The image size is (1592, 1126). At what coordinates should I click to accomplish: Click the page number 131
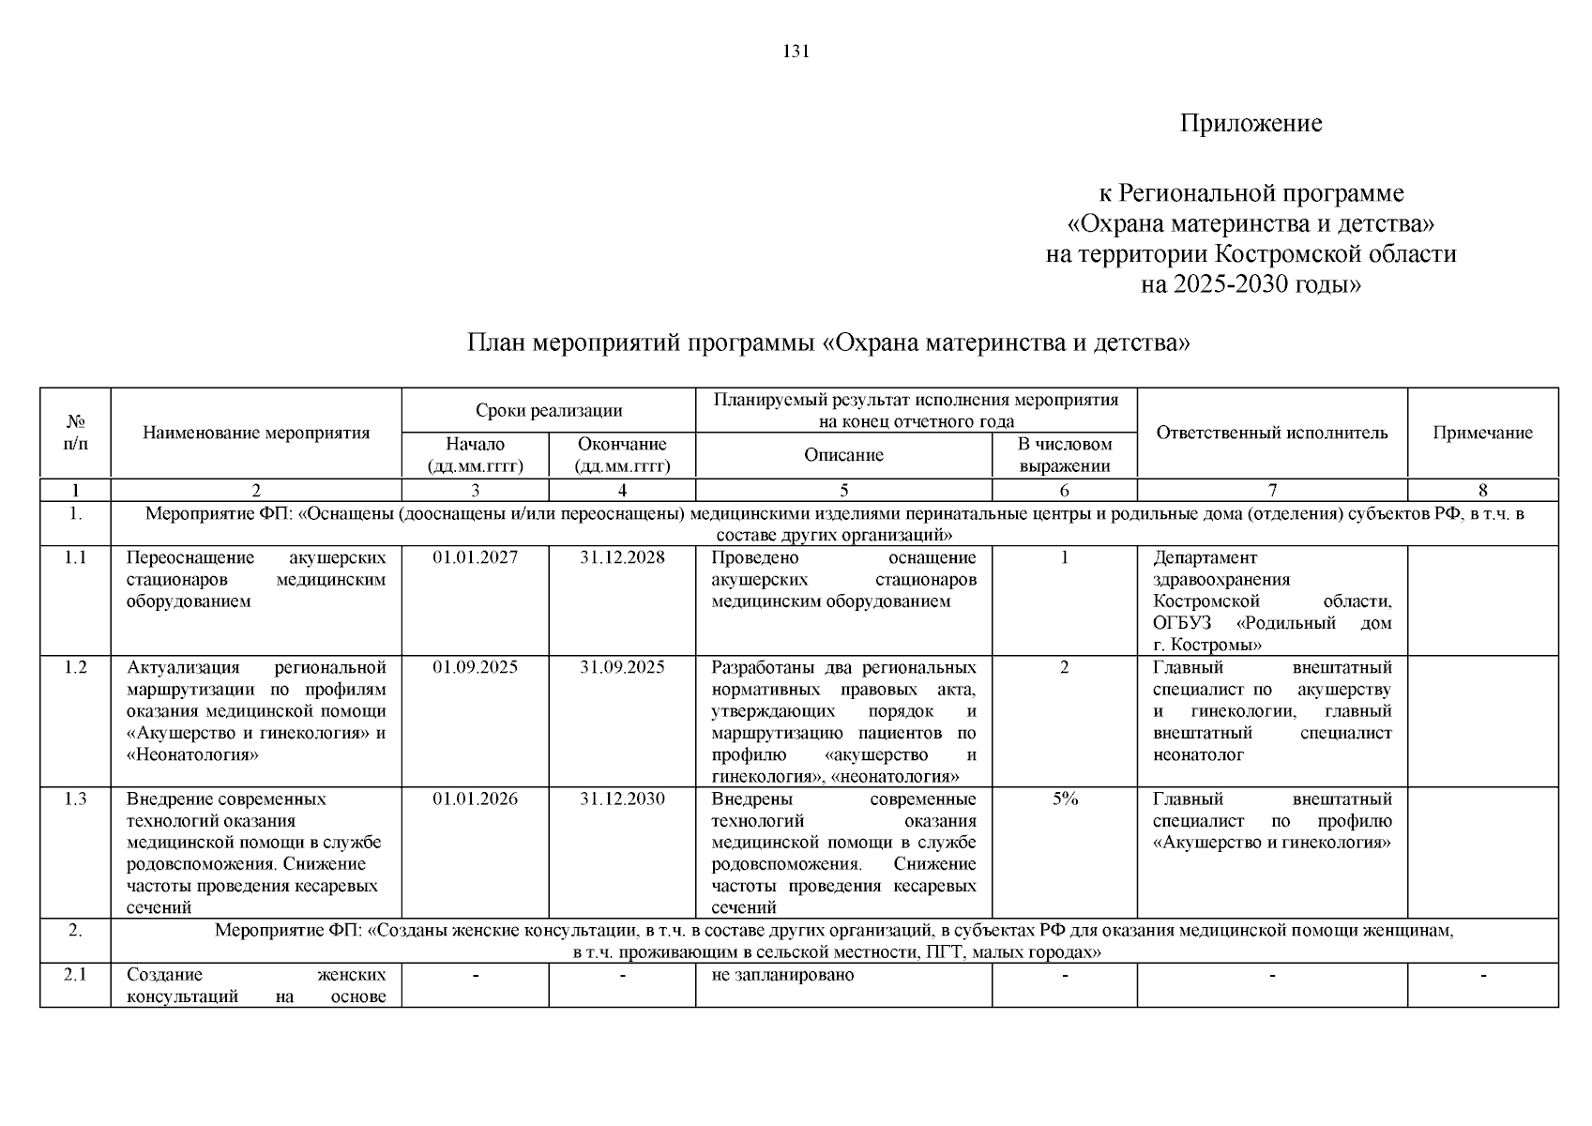[x=796, y=52]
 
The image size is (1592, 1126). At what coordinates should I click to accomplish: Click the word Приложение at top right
[x=1251, y=124]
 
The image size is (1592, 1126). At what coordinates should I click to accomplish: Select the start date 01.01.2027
[x=475, y=557]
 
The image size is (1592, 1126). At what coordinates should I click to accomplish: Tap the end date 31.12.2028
[x=622, y=557]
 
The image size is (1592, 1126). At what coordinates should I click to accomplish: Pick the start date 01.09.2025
[x=475, y=667]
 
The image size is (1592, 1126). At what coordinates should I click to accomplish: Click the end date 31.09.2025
[x=622, y=667]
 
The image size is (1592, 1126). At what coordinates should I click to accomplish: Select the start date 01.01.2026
[x=475, y=799]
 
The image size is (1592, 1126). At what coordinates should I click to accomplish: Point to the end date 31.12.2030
[x=622, y=799]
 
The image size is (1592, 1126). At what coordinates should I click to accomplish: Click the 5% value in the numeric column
[x=1064, y=799]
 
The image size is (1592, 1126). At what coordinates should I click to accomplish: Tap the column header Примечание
[x=1482, y=433]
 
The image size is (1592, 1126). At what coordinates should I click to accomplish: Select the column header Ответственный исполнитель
[x=1271, y=433]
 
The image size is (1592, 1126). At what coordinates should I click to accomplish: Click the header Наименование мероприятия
[x=256, y=433]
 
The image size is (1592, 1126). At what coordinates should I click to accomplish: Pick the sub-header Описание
[x=843, y=455]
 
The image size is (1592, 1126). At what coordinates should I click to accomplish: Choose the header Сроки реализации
[x=549, y=410]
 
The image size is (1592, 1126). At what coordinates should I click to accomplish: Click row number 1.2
[x=75, y=667]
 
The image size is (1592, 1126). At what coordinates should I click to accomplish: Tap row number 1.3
[x=75, y=799]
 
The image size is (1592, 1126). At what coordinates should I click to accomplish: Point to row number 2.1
[x=75, y=974]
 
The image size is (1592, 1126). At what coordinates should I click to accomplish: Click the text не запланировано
[x=782, y=974]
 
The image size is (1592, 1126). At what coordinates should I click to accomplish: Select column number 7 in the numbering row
[x=1271, y=490]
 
